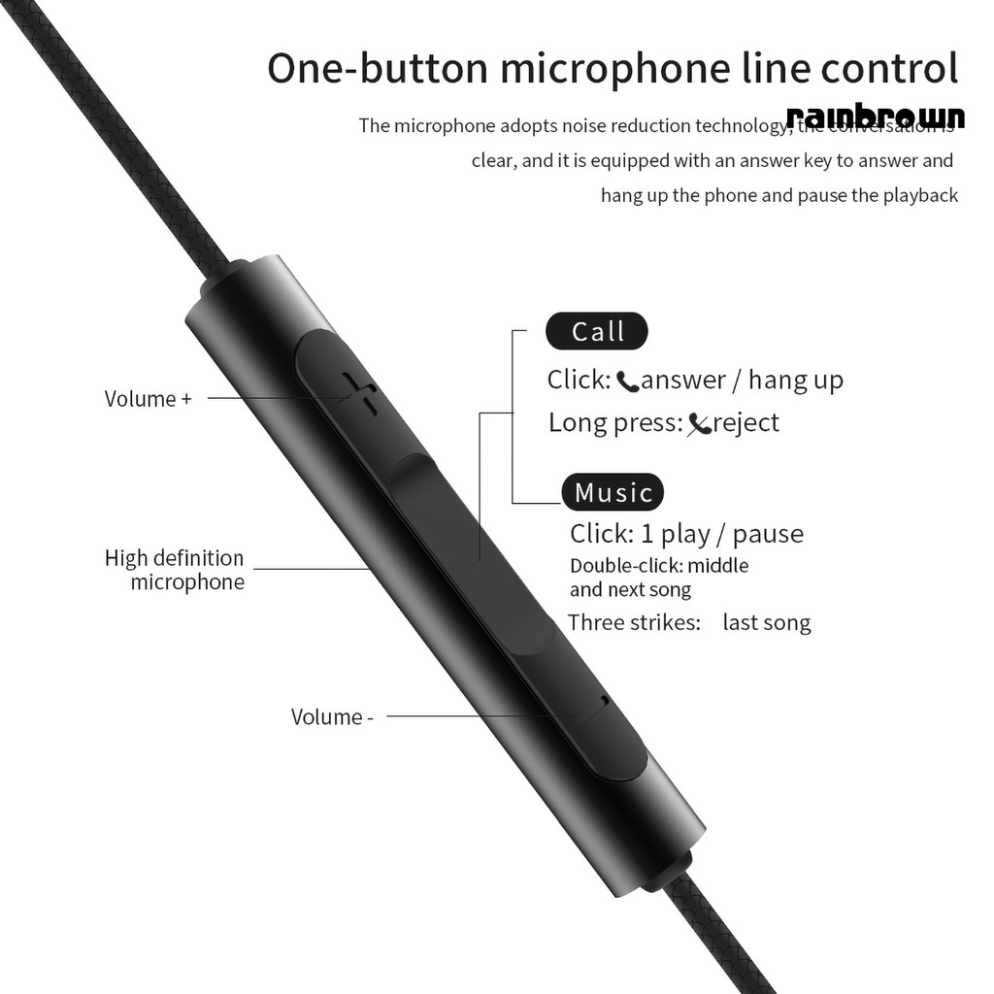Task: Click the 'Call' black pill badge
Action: (x=597, y=332)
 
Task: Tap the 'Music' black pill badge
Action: (x=613, y=492)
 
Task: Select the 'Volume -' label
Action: (x=332, y=717)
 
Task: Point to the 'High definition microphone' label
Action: (x=175, y=570)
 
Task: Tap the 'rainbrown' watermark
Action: (x=876, y=116)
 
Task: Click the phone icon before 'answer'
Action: (x=627, y=381)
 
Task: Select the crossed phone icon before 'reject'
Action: (x=699, y=424)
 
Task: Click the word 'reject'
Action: (x=745, y=423)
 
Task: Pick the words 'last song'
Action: (x=766, y=623)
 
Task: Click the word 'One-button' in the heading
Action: (x=375, y=70)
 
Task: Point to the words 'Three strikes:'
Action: (x=634, y=623)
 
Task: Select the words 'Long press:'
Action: (x=615, y=423)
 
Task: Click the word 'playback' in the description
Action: (x=920, y=195)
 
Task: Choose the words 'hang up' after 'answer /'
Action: (x=796, y=381)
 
